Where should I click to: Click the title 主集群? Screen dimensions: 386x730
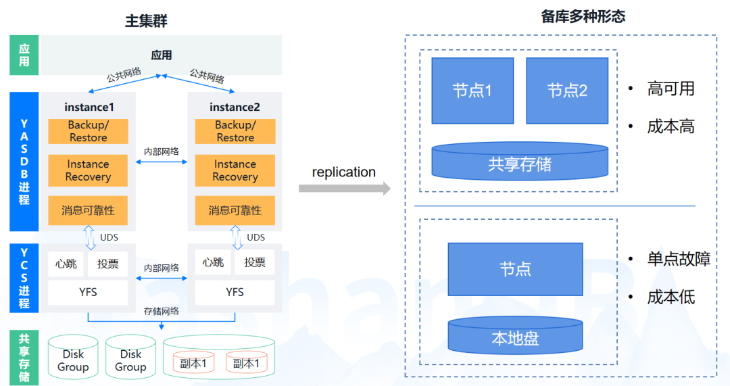pyautogui.click(x=146, y=21)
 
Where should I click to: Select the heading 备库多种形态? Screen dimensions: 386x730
pyautogui.click(x=583, y=16)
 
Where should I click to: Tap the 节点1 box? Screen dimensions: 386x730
pyautogui.click(x=472, y=91)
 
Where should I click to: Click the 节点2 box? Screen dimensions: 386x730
pyautogui.click(x=567, y=91)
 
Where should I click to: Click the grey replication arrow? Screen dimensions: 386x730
pyautogui.click(x=345, y=188)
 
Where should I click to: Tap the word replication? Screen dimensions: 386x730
pyautogui.click(x=343, y=172)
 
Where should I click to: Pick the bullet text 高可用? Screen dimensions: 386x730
pyautogui.click(x=671, y=89)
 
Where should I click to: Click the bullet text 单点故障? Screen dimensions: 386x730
pyautogui.click(x=679, y=259)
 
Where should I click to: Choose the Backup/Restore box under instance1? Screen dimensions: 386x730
pyautogui.click(x=88, y=131)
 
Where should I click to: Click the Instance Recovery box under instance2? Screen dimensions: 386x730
pyautogui.click(x=235, y=170)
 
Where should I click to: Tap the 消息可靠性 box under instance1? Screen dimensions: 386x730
pyautogui.click(x=88, y=210)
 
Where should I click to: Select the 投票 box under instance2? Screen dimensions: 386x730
pyautogui.click(x=255, y=262)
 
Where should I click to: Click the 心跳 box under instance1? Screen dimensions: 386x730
pyautogui.click(x=66, y=264)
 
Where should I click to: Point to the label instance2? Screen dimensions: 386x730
pyautogui.click(x=235, y=107)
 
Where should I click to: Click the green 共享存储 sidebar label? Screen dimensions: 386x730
pyautogui.click(x=24, y=358)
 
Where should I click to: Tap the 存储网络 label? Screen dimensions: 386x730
pyautogui.click(x=162, y=312)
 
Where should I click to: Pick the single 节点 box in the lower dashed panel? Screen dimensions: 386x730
pyautogui.click(x=515, y=269)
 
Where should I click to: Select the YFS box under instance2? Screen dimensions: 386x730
pyautogui.click(x=235, y=292)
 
